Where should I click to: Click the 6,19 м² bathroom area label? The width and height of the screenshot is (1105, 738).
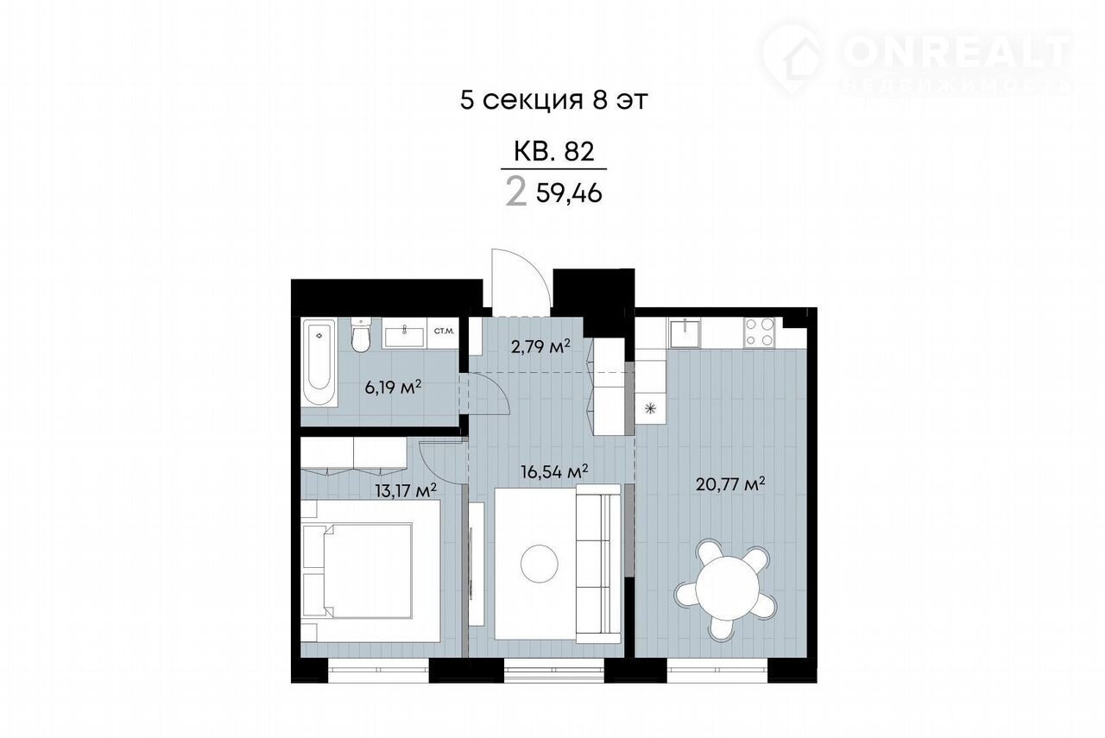tap(393, 387)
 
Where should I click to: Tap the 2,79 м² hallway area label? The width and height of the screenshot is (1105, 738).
tap(540, 347)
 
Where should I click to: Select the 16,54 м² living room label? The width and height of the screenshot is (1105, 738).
tap(554, 471)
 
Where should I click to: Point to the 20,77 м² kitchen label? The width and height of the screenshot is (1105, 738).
tap(730, 484)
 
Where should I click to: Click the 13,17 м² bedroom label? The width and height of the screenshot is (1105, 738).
tap(406, 490)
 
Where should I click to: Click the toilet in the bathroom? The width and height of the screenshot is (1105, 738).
tap(360, 334)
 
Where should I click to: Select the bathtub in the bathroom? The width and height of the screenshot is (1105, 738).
tap(319, 363)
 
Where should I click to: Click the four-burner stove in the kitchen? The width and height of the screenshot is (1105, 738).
tap(760, 332)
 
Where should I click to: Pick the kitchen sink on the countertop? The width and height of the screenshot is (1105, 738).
tap(685, 332)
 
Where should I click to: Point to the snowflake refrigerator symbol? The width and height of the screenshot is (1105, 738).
tap(651, 408)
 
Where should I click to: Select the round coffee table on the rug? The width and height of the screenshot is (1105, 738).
tap(540, 564)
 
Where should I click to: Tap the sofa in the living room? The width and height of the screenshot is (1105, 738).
tap(598, 564)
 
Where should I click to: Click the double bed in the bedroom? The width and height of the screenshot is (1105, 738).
tap(370, 571)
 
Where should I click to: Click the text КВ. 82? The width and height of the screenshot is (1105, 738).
tap(554, 152)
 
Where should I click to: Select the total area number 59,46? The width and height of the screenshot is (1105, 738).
tap(569, 194)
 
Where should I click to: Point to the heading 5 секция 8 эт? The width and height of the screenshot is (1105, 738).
tap(553, 100)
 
